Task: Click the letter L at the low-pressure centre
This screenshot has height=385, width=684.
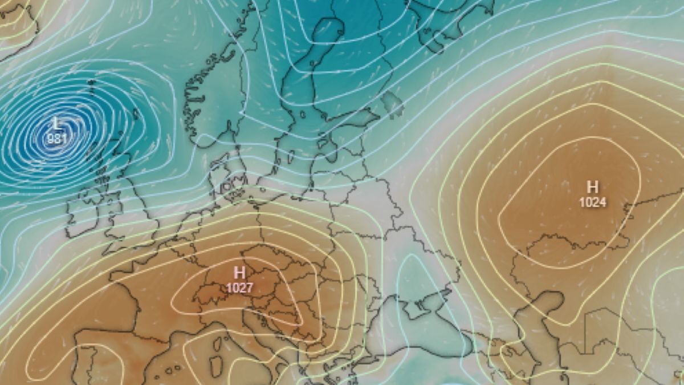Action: click(x=56, y=123)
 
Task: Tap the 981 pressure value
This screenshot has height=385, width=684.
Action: click(x=56, y=138)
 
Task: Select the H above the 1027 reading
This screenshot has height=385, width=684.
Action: click(x=239, y=273)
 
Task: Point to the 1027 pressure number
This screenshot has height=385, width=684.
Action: click(x=239, y=287)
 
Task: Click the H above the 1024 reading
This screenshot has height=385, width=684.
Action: click(x=593, y=187)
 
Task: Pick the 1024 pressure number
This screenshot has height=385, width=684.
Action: click(x=593, y=202)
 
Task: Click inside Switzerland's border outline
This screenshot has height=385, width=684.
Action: click(x=209, y=294)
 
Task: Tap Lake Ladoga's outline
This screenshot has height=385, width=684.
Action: click(x=391, y=103)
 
